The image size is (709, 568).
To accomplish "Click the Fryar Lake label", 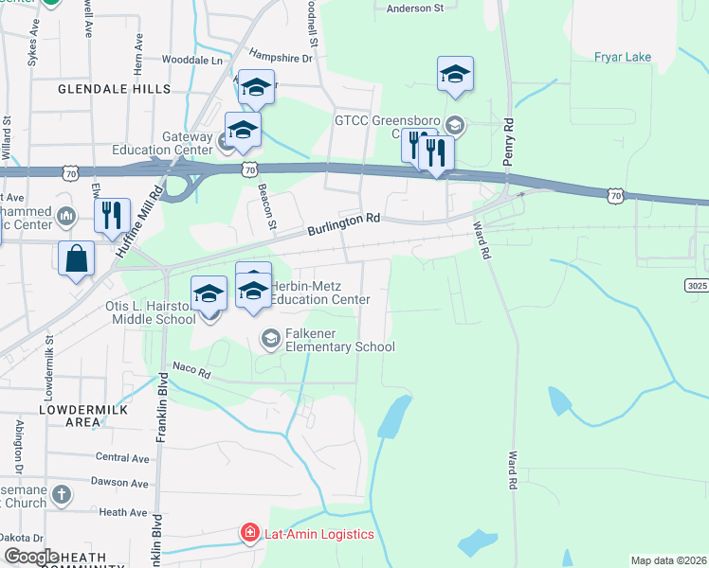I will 623,58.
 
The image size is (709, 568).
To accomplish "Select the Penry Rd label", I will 509,142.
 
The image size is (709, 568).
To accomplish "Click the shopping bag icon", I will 76,257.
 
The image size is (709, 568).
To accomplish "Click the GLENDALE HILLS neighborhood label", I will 114,89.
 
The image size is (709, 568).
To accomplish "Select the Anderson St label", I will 415,8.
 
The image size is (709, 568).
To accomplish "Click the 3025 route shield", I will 696,284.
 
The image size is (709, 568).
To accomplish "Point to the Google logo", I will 31,557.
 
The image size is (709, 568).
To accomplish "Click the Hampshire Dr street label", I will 280,57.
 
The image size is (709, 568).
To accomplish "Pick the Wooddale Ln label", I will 196,60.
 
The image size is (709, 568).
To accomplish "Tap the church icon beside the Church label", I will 61,494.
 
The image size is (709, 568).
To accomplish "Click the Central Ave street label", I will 122,458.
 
